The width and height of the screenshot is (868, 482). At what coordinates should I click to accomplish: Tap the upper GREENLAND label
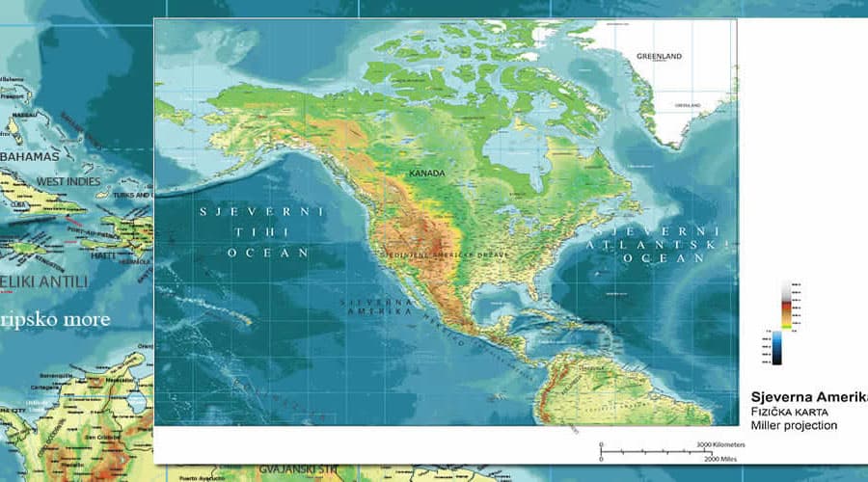[659, 57]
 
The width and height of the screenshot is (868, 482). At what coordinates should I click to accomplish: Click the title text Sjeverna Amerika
[808, 397]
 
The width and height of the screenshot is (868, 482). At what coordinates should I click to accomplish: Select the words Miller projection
[795, 425]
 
